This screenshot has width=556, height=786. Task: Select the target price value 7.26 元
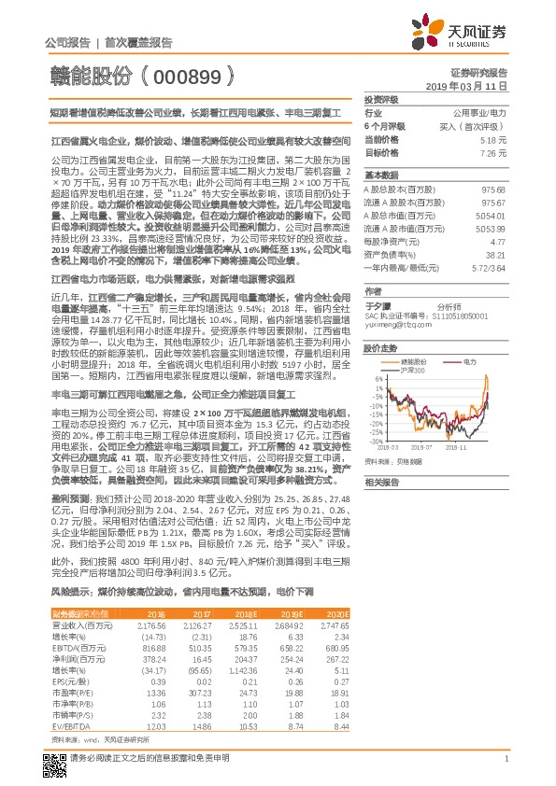click(493, 151)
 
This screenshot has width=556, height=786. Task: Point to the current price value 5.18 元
click(493, 138)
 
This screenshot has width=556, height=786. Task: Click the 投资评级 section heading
click(381, 98)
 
